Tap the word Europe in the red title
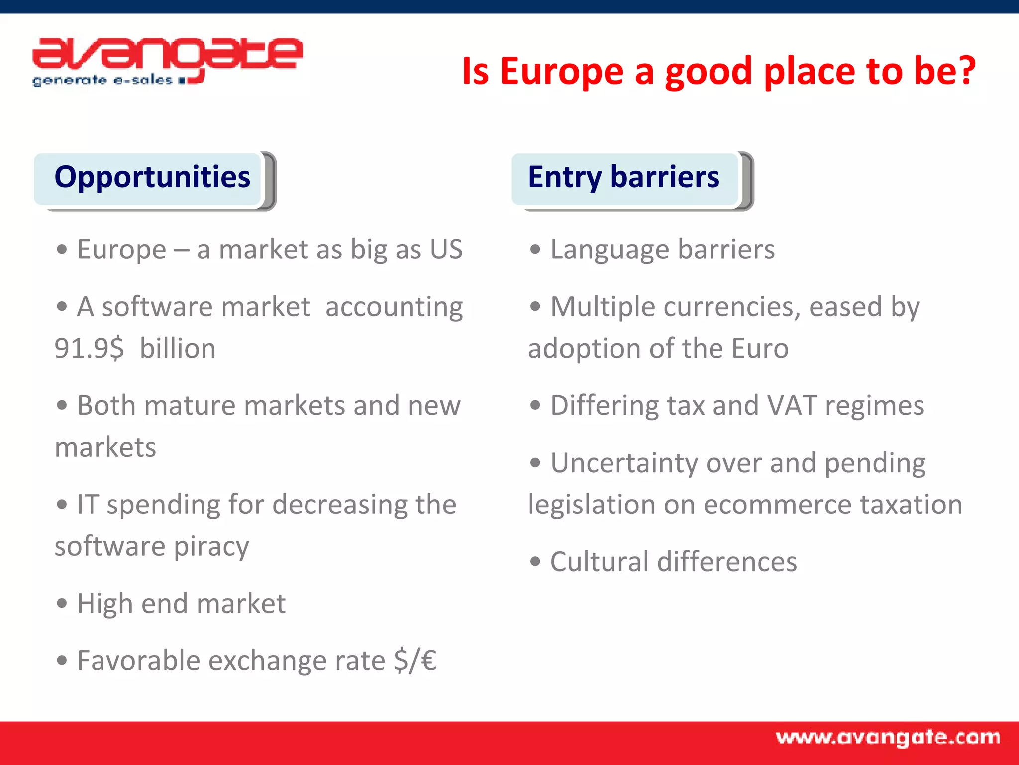[561, 71]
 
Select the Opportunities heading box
[152, 178]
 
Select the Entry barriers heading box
[624, 178]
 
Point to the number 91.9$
[89, 348]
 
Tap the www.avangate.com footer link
[888, 738]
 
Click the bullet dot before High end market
[62, 604]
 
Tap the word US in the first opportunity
[446, 249]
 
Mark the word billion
[178, 348]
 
